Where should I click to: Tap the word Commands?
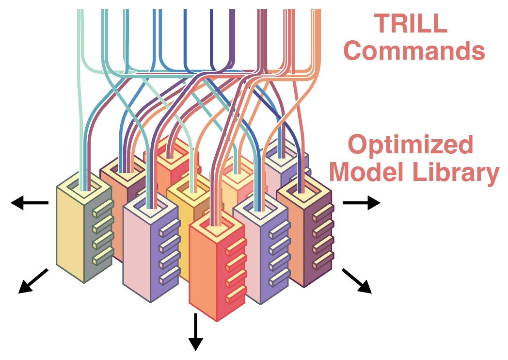[x=414, y=50]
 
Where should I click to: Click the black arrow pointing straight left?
[x=30, y=203]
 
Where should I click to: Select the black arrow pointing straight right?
[x=361, y=203]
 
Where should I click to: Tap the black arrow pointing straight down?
[x=195, y=331]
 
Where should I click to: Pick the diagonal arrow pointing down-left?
[x=33, y=281]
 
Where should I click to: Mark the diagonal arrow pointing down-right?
[x=357, y=281]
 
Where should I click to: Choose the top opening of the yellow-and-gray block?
[x=83, y=187]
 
